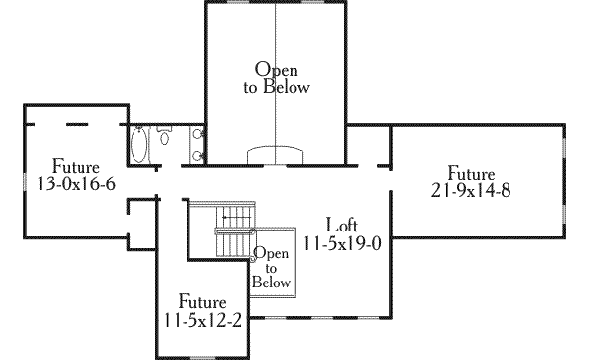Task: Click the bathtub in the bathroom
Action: pos(139,146)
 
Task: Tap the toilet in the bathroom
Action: pos(163,129)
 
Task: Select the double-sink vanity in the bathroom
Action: pos(199,144)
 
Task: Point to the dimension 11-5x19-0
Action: pos(342,242)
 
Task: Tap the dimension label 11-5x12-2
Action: pos(202,319)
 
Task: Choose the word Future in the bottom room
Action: pos(202,301)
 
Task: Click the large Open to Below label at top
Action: pos(276,78)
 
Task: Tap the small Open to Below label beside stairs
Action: pos(272,268)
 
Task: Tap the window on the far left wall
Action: pos(22,181)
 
